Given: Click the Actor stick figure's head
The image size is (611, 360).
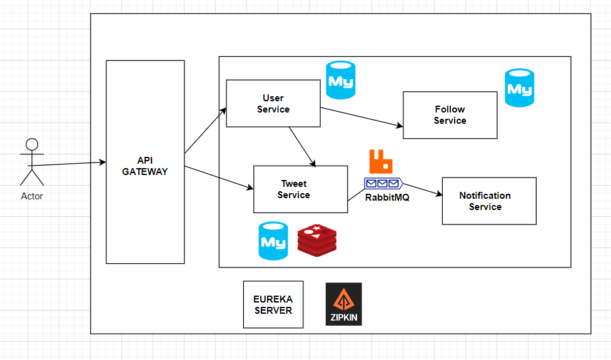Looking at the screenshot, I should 32,144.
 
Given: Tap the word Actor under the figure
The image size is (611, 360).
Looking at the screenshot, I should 32,196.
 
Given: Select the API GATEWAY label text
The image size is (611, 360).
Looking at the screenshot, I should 145,166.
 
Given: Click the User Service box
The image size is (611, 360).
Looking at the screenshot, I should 273,104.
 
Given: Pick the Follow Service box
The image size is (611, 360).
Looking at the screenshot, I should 450,115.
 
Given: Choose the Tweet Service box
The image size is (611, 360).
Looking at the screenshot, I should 300,189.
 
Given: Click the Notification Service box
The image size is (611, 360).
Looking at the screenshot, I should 488,201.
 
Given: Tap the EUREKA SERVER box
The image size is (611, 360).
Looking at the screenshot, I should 273,304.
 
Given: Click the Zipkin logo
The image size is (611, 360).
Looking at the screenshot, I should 343,304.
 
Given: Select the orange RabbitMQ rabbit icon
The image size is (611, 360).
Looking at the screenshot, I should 381,161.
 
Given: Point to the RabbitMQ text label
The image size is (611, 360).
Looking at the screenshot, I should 387,197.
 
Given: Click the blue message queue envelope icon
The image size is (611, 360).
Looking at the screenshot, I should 383,183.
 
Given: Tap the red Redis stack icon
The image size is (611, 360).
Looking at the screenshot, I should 316,241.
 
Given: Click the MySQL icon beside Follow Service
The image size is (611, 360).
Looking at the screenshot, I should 519,88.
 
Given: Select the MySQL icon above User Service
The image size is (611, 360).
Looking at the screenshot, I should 340,80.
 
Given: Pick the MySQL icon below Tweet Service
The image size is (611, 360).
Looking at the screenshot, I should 273,241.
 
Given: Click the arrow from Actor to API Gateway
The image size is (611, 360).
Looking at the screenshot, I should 69,164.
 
